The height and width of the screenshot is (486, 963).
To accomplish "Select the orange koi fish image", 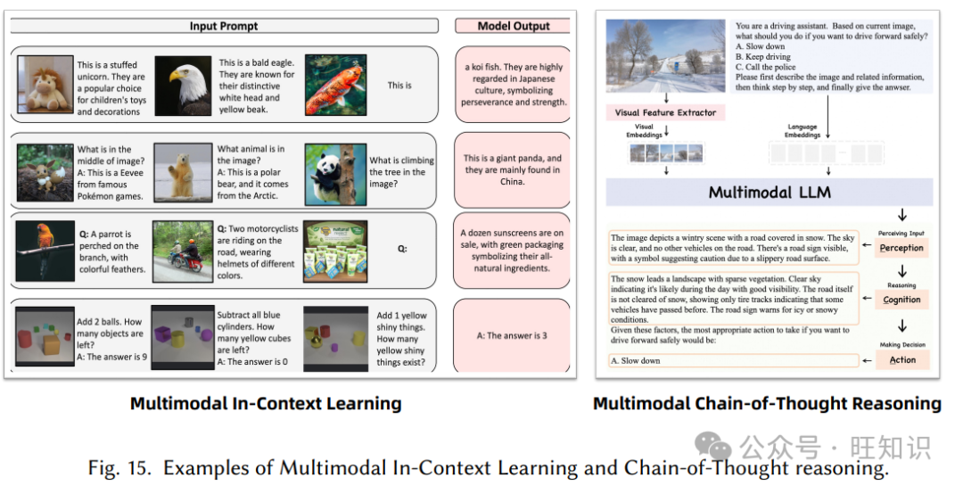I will (x=335, y=86).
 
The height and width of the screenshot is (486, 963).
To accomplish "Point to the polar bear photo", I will (x=182, y=173).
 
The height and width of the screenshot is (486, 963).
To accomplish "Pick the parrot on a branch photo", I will (x=44, y=251).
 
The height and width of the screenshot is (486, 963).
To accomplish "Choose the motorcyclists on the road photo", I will (x=182, y=251).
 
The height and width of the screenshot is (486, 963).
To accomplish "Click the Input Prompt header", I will (x=223, y=26).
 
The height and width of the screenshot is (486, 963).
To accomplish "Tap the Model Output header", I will (x=514, y=26).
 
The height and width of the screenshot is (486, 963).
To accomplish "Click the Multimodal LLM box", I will (x=769, y=193).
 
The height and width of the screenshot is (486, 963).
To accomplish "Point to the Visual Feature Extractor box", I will (x=665, y=112).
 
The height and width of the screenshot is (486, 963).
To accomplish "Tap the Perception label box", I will (x=901, y=248).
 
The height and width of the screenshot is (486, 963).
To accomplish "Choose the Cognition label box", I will (x=901, y=300).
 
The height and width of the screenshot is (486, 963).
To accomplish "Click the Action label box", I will (x=901, y=360).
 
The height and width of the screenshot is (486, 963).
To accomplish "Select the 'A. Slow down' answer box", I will (x=733, y=360).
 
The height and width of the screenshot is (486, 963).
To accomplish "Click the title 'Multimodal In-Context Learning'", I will (x=266, y=403).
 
